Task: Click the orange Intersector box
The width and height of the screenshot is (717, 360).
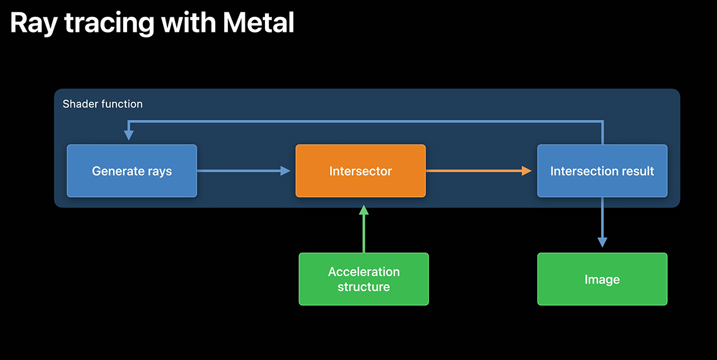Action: coord(360,171)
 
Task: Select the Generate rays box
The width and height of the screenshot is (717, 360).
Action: coord(132,171)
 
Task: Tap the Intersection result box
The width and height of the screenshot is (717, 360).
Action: coord(602,171)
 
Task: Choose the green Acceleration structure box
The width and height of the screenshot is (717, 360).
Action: coord(364,279)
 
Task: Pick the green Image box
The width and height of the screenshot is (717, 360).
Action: coord(602,279)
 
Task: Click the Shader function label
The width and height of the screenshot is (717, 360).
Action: coord(103,104)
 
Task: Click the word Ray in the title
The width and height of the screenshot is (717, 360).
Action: coord(32,24)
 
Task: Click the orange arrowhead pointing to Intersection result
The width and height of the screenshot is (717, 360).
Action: coord(527,171)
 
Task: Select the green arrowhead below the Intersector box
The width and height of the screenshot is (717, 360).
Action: coord(364,210)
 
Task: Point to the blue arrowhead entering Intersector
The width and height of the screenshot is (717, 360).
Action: coord(285,171)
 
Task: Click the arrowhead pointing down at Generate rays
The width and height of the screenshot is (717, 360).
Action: coord(128,135)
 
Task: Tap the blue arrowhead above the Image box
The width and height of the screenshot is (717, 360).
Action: coord(602,242)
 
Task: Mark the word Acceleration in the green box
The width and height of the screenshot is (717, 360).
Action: coord(364,272)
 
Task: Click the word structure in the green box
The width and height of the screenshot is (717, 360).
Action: coord(364,287)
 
